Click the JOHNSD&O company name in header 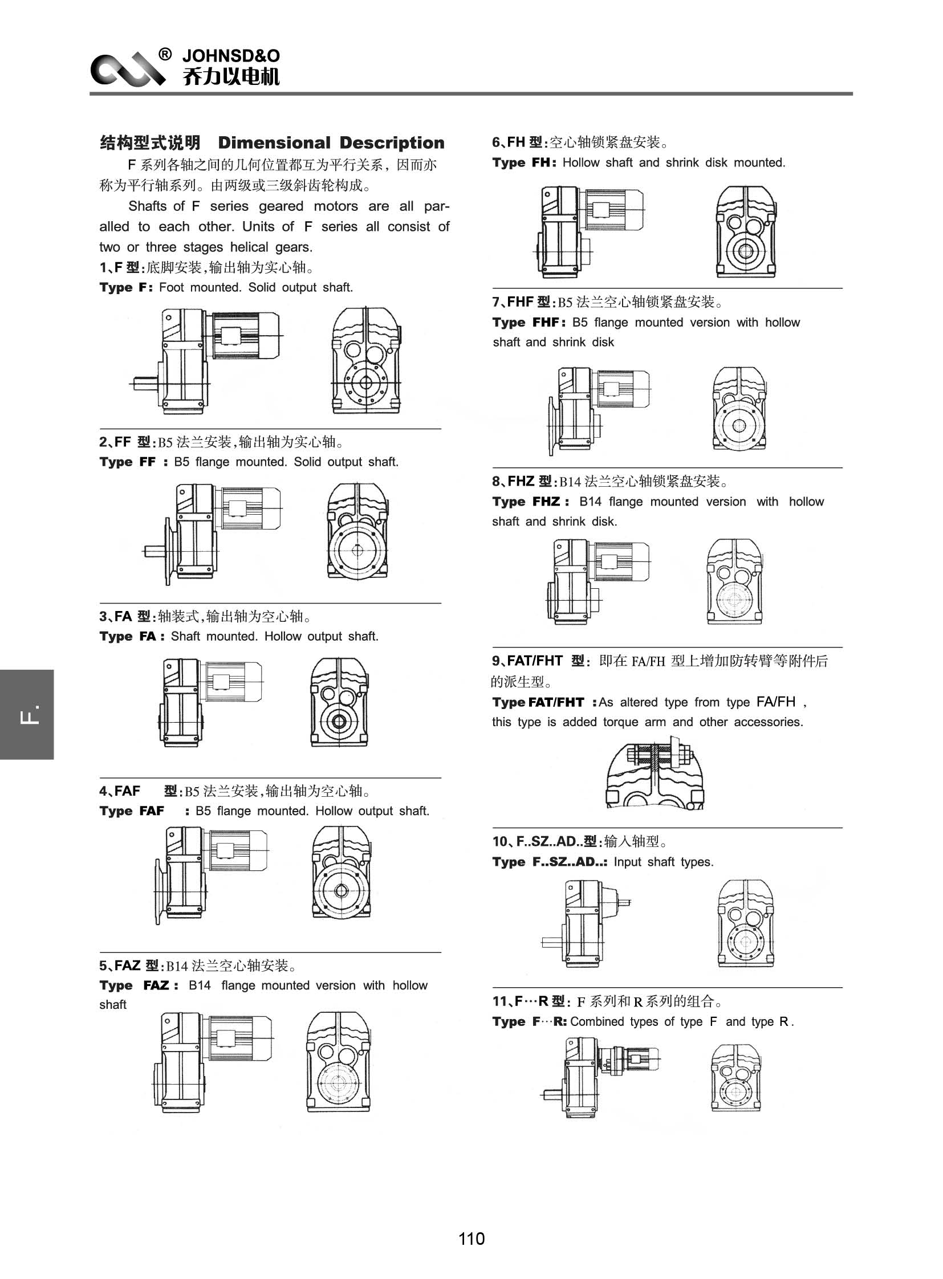pos(230,56)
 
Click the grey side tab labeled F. pos(27,714)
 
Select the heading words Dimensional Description pos(331,142)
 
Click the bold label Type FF pos(127,462)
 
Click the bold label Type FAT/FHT pos(538,703)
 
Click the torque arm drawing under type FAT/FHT pos(655,772)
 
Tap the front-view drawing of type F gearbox pos(367,361)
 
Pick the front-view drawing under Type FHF pos(739,409)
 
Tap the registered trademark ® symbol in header pos(164,54)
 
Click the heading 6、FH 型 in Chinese pos(519,142)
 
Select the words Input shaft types pos(663,862)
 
